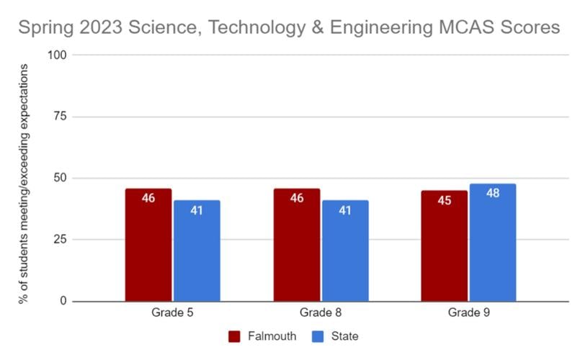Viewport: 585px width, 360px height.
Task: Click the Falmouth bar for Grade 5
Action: [x=148, y=245]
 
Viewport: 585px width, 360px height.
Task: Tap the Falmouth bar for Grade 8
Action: [x=297, y=245]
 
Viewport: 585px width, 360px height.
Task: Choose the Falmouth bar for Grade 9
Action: [x=445, y=246]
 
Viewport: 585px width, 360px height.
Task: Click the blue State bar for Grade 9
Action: [x=493, y=243]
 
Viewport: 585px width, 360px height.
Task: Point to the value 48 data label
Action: [x=493, y=194]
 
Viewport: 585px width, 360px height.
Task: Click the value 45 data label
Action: [x=445, y=200]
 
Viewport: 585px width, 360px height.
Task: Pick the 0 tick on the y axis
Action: [x=64, y=301]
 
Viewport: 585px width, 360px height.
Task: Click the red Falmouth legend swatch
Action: [x=234, y=336]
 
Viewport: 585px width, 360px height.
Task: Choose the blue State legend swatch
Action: [x=318, y=336]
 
